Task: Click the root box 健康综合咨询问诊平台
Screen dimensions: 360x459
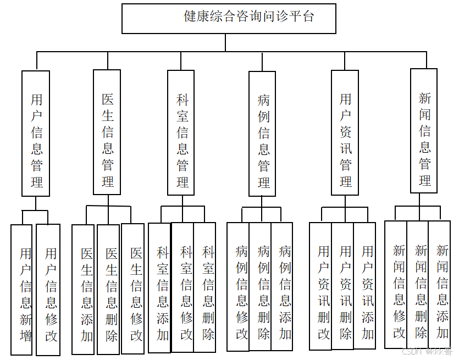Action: [229, 18]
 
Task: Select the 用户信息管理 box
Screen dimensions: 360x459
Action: [36, 133]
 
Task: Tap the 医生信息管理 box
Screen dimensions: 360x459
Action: [107, 132]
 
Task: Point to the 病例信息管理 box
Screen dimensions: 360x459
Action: [263, 134]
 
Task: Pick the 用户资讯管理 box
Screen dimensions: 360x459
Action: [345, 132]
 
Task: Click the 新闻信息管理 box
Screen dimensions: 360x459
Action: [424, 131]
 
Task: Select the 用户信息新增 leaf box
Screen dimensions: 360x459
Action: [22, 290]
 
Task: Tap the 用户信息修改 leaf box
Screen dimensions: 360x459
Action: [48, 290]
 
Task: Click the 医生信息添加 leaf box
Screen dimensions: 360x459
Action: [84, 290]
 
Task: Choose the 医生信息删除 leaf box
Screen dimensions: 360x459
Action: [109, 290]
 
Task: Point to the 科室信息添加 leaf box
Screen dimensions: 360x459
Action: [160, 287]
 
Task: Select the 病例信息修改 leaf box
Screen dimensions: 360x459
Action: [239, 286]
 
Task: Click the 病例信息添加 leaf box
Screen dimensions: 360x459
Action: [282, 286]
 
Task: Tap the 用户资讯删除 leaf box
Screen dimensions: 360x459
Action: [343, 286]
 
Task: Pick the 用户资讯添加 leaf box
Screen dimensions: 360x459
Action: [365, 286]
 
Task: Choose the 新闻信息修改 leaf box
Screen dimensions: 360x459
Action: [396, 285]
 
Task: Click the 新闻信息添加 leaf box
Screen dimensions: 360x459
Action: [440, 285]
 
